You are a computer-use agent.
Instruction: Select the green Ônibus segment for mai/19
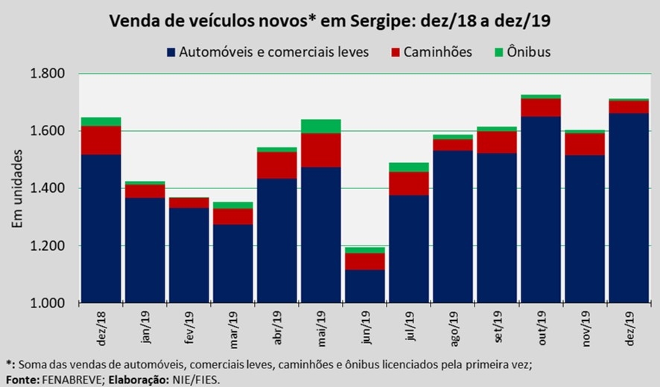321,126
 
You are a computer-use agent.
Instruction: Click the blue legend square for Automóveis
171,52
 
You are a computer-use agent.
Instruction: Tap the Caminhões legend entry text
438,52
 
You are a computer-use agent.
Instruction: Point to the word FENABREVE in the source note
71,380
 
